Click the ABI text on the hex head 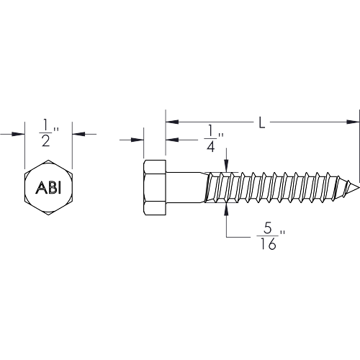[48, 187]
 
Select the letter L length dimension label [262, 122]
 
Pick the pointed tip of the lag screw [359, 187]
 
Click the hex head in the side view [155, 187]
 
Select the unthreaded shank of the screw [185, 187]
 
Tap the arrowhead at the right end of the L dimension [353, 122]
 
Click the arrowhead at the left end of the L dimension [172, 122]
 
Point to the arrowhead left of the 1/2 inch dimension [18, 134]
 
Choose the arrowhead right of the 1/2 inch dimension [79, 134]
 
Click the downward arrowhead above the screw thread [227, 166]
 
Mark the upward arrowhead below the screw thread [227, 210]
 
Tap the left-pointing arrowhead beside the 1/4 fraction [172, 140]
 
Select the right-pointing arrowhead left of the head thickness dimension [137, 140]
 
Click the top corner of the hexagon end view [48, 160]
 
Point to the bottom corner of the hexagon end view [48, 215]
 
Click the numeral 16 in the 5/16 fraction [268, 245]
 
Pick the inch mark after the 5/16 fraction [282, 233]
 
